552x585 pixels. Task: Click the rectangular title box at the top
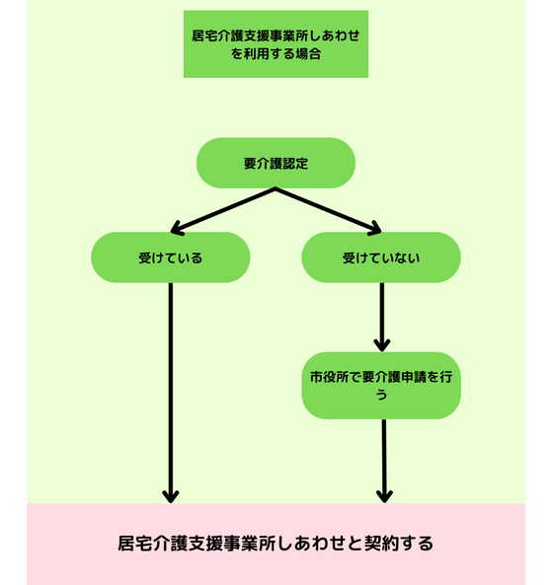tap(276, 44)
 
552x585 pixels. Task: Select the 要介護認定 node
tap(276, 163)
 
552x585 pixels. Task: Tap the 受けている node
tap(170, 257)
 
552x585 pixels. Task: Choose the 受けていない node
tap(381, 257)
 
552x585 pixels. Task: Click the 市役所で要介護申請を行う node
tap(381, 386)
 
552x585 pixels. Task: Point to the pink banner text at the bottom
tap(276, 544)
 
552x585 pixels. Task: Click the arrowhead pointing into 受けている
tap(176, 229)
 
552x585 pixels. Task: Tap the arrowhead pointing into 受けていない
tap(375, 229)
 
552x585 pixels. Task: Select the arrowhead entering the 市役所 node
tap(382, 346)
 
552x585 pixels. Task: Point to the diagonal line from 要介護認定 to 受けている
tap(223, 210)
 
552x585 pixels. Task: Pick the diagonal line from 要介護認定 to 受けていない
tap(329, 210)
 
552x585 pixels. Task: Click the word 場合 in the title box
tap(308, 53)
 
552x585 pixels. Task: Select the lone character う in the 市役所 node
tap(381, 395)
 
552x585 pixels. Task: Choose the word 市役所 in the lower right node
tap(329, 377)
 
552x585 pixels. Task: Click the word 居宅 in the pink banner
tap(135, 544)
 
